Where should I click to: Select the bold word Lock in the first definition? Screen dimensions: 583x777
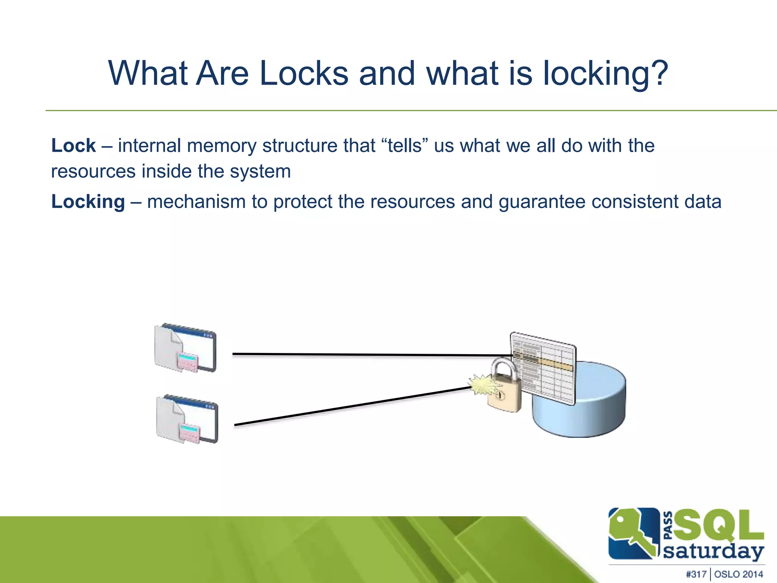coord(74,146)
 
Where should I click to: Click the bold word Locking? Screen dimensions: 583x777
coord(88,202)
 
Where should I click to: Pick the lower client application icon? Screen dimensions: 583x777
coord(187,419)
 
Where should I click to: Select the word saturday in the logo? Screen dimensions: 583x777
coord(713,551)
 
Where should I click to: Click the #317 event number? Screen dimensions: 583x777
coord(696,574)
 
